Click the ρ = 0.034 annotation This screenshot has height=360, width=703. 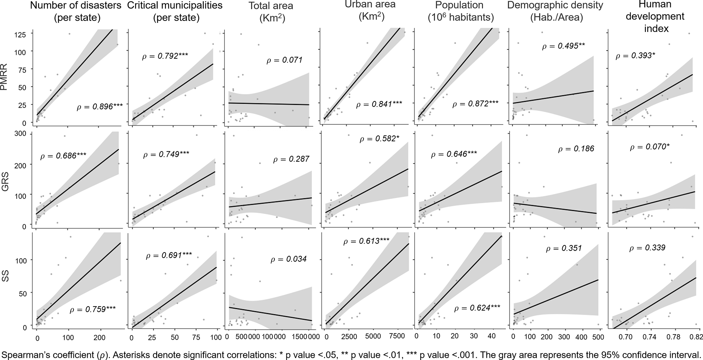[x=288, y=259]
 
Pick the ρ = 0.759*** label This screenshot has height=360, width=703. [x=93, y=310]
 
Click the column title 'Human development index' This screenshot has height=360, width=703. [x=656, y=16]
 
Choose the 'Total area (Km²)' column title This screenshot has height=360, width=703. [x=271, y=12]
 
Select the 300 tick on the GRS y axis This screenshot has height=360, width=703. [x=20, y=133]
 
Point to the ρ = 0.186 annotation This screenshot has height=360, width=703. [x=576, y=149]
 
